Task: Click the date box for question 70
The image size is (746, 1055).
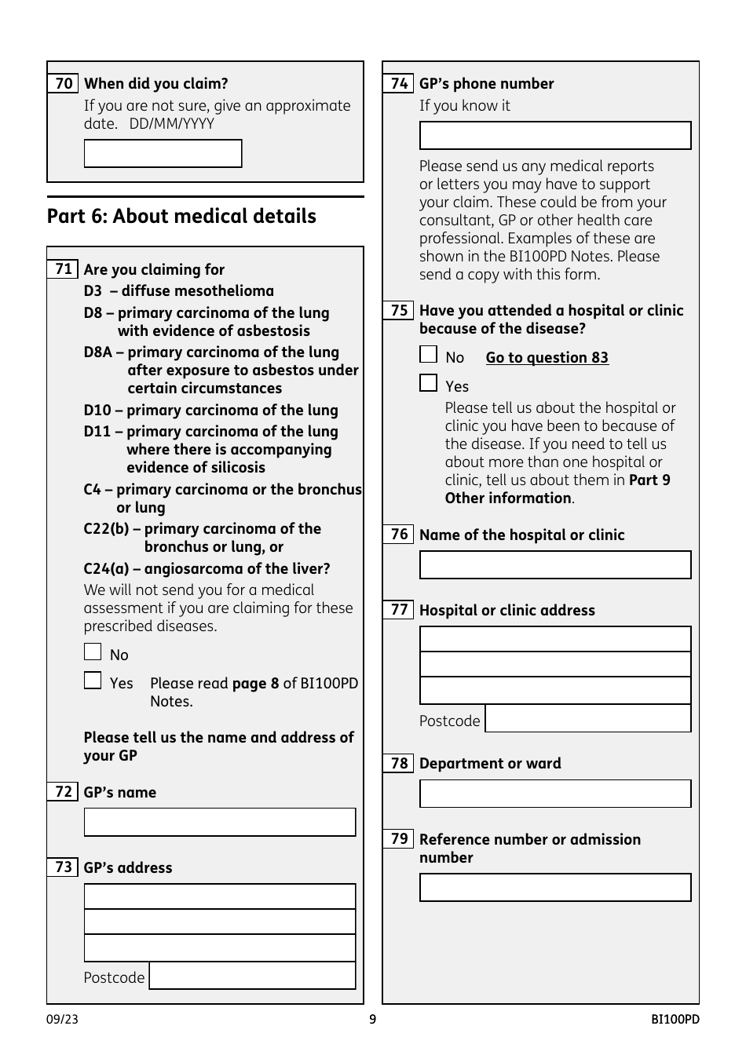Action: pyautogui.click(x=163, y=154)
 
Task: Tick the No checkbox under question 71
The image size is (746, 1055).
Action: pyautogui.click(x=93, y=652)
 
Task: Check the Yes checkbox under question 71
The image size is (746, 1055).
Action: pyautogui.click(x=93, y=681)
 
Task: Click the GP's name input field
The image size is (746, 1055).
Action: pyautogui.click(x=219, y=822)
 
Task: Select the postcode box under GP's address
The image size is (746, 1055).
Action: pyautogui.click(x=252, y=976)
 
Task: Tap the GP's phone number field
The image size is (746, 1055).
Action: pyautogui.click(x=554, y=136)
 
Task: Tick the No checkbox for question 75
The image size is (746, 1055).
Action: pyautogui.click(x=428, y=355)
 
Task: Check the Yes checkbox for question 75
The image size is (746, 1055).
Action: pyautogui.click(x=428, y=383)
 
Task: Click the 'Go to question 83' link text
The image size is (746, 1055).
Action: pyautogui.click(x=547, y=358)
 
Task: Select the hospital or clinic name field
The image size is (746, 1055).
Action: pyautogui.click(x=554, y=565)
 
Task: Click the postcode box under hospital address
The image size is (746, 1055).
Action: pyautogui.click(x=587, y=719)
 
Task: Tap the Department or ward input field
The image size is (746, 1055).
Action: pyautogui.click(x=554, y=794)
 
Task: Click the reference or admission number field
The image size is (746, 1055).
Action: pyautogui.click(x=554, y=888)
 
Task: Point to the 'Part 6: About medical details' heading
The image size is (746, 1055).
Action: pyautogui.click(x=181, y=217)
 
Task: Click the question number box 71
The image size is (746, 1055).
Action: pyautogui.click(x=63, y=269)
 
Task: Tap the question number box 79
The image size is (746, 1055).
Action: pyautogui.click(x=399, y=839)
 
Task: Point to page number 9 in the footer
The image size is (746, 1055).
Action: pyautogui.click(x=372, y=1020)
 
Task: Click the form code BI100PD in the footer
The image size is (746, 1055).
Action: pyautogui.click(x=675, y=1020)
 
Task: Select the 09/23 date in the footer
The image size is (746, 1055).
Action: pyautogui.click(x=62, y=1020)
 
